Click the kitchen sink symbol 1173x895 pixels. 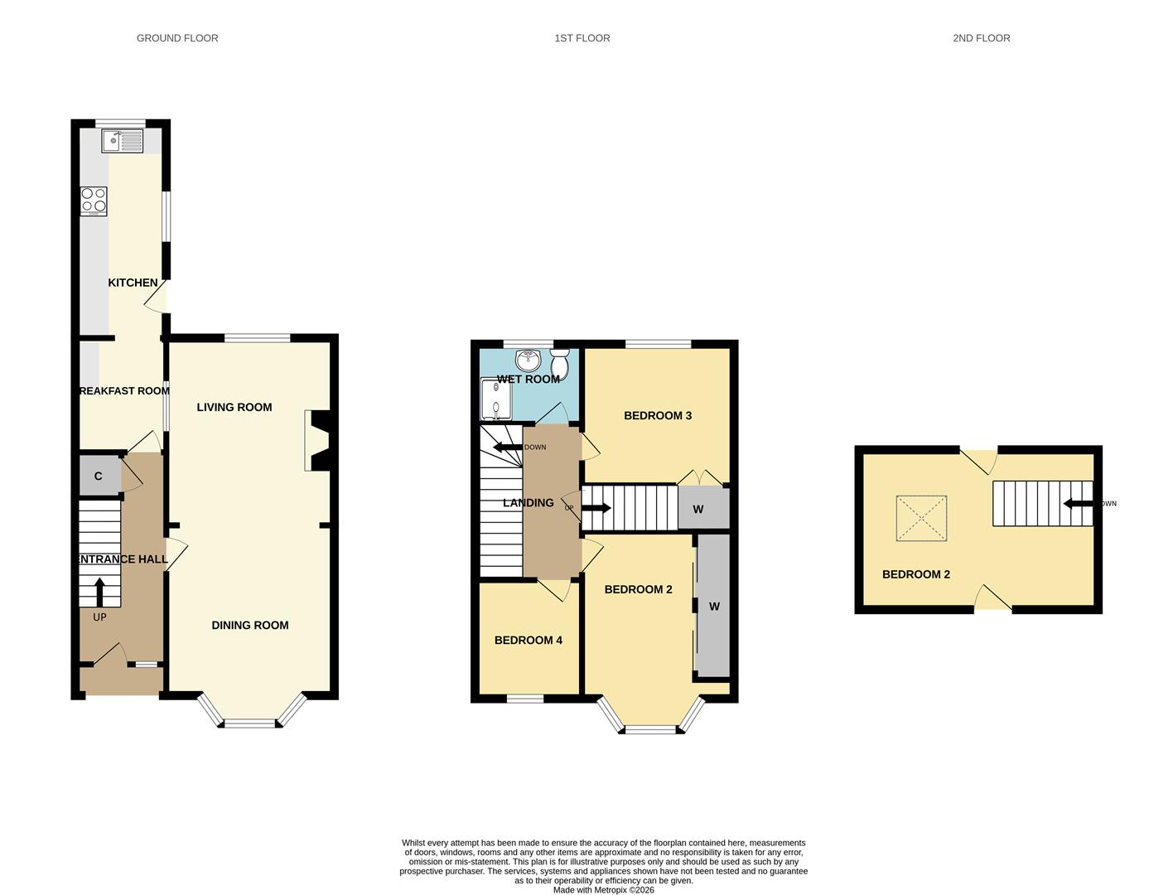123,141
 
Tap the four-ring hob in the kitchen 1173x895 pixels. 94,201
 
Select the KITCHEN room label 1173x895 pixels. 133,283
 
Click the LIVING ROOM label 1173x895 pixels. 234,407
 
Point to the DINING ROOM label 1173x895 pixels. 249,626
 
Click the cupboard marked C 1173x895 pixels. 99,476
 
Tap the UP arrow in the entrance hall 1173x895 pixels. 99,592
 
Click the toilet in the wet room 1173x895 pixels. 560,362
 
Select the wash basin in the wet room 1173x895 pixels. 528,360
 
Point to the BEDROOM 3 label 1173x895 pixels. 658,415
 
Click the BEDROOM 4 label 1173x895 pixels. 529,640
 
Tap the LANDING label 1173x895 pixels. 529,503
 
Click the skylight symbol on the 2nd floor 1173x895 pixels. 921,519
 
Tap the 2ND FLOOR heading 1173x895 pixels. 981,38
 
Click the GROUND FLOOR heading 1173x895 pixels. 177,38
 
